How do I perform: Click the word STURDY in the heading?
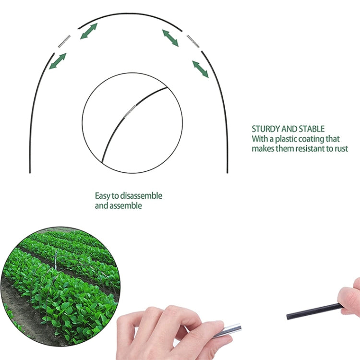[x=264, y=129]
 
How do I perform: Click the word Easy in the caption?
[x=102, y=196]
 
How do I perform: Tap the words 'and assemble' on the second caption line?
[x=118, y=206]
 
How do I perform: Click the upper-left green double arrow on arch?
[x=88, y=31]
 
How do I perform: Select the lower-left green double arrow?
[x=58, y=61]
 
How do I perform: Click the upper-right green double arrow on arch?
[x=170, y=37]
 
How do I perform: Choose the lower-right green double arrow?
[x=201, y=69]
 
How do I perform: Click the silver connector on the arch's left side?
[x=64, y=41]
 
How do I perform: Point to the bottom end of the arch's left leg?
[x=30, y=171]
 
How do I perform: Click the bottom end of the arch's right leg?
[x=227, y=171]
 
